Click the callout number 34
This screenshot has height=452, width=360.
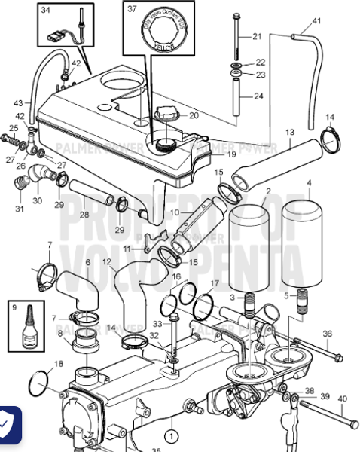pos(46,11)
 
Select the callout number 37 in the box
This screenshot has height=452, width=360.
pos(132,10)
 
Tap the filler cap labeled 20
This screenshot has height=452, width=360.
pos(165,117)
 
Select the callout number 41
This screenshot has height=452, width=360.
pos(316,20)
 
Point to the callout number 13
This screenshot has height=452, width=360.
pos(289,133)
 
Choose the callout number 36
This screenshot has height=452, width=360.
pos(327,334)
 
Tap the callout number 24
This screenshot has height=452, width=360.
pos(258,96)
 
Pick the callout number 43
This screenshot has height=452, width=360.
pos(18,102)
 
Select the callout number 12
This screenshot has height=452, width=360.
pos(107,262)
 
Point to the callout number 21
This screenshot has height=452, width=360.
pos(256,36)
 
